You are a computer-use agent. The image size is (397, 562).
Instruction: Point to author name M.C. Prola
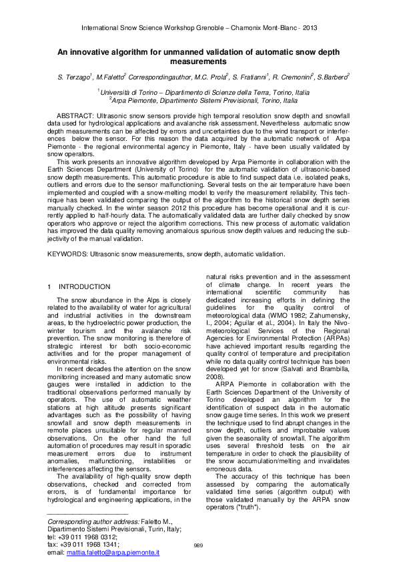point(208,78)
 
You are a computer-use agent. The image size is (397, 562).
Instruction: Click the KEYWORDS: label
point(68,254)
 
